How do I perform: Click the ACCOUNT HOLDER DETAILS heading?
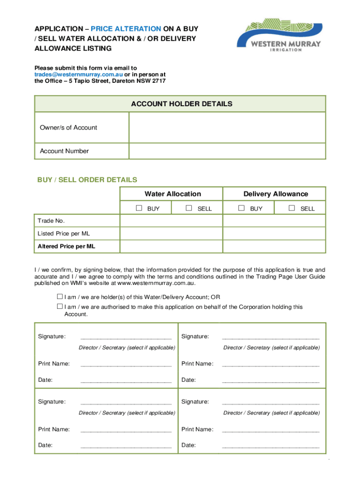point(181,104)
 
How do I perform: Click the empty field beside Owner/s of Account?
point(227,128)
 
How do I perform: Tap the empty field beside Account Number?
point(227,151)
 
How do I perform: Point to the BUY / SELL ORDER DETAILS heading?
point(87,180)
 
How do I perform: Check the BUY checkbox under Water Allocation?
point(139,208)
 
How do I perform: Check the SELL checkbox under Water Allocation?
point(189,208)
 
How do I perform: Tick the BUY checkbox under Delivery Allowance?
point(241,208)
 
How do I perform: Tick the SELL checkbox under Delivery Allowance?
point(292,208)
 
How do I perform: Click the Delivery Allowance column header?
point(275,194)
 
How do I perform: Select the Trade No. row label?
point(51,221)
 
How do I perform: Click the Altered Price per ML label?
point(66,246)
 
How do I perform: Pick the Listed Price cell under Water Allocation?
point(171,233)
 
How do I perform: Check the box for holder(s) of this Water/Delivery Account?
point(60,297)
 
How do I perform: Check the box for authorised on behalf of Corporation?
point(60,306)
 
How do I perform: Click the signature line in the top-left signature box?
point(126,336)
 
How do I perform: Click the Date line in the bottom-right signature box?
point(270,445)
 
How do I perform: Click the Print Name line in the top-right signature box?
point(270,363)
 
